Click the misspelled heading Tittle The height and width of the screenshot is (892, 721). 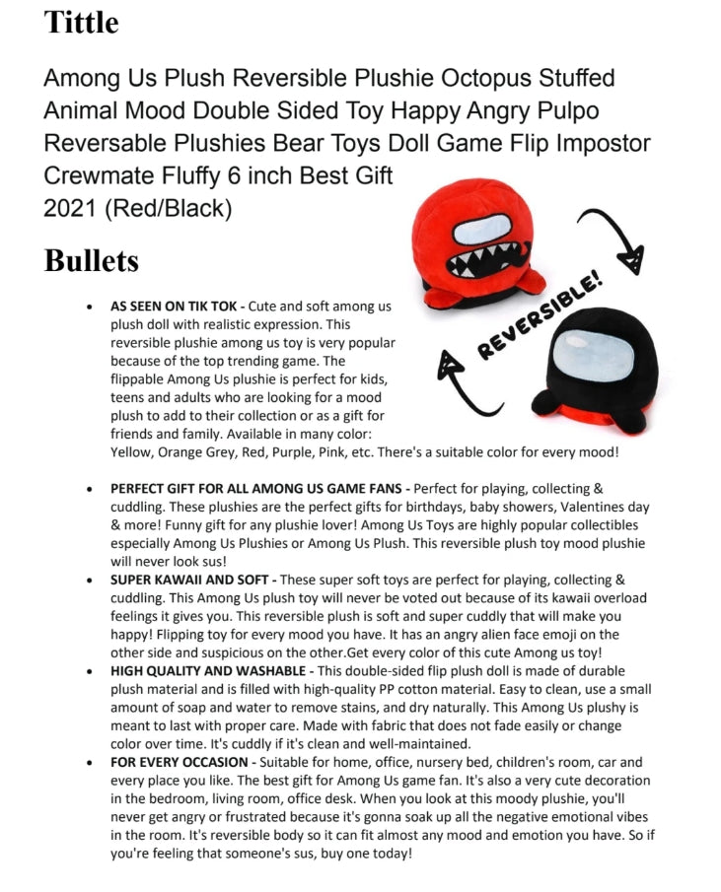[81, 22]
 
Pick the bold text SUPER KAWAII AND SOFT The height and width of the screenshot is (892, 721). [189, 580]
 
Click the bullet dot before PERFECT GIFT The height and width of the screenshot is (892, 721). [91, 489]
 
